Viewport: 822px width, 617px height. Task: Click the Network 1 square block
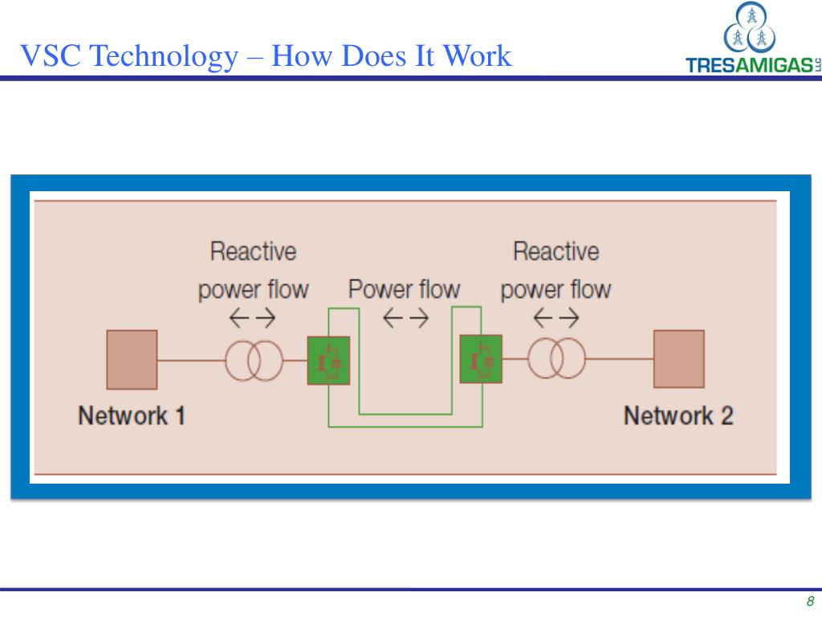pos(132,359)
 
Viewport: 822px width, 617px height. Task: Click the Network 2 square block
pos(678,359)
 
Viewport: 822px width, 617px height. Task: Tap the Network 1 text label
pos(132,415)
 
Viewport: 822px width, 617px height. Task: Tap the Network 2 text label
pos(678,415)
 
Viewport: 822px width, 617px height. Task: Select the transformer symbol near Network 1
pos(253,361)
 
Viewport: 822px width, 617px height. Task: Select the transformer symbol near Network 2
pos(555,361)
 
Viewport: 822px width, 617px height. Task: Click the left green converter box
pos(328,361)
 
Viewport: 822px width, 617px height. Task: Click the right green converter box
pos(480,361)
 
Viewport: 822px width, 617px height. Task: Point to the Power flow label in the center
pos(404,289)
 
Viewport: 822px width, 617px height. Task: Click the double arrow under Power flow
pos(405,319)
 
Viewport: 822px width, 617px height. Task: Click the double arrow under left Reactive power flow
pos(253,319)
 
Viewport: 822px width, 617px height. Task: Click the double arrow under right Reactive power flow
pos(555,319)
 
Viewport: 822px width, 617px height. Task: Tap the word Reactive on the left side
pos(253,251)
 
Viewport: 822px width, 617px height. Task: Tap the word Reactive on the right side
pos(555,251)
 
